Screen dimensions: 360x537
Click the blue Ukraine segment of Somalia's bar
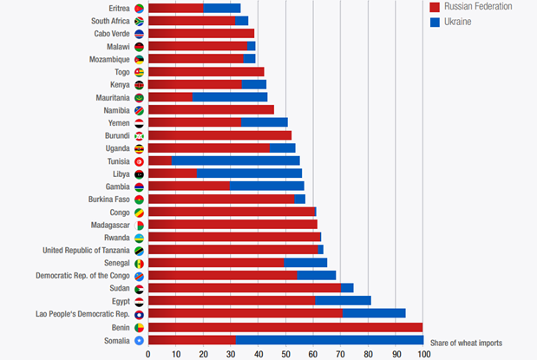pos(329,340)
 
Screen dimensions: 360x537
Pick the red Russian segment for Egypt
pos(231,300)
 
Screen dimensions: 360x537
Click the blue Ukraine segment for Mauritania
pos(229,98)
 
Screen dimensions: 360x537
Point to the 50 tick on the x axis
pos(285,354)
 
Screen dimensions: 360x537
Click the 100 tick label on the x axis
pos(423,354)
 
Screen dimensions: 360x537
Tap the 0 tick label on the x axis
pos(148,354)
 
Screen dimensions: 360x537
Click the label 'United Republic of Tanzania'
pos(86,250)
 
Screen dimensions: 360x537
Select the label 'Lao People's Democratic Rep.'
pos(82,313)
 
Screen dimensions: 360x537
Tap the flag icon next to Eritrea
pos(140,8)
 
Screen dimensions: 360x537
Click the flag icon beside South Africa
pos(140,21)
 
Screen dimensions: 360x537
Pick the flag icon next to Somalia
pos(140,340)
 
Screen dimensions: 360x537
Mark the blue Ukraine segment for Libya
pos(249,173)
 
